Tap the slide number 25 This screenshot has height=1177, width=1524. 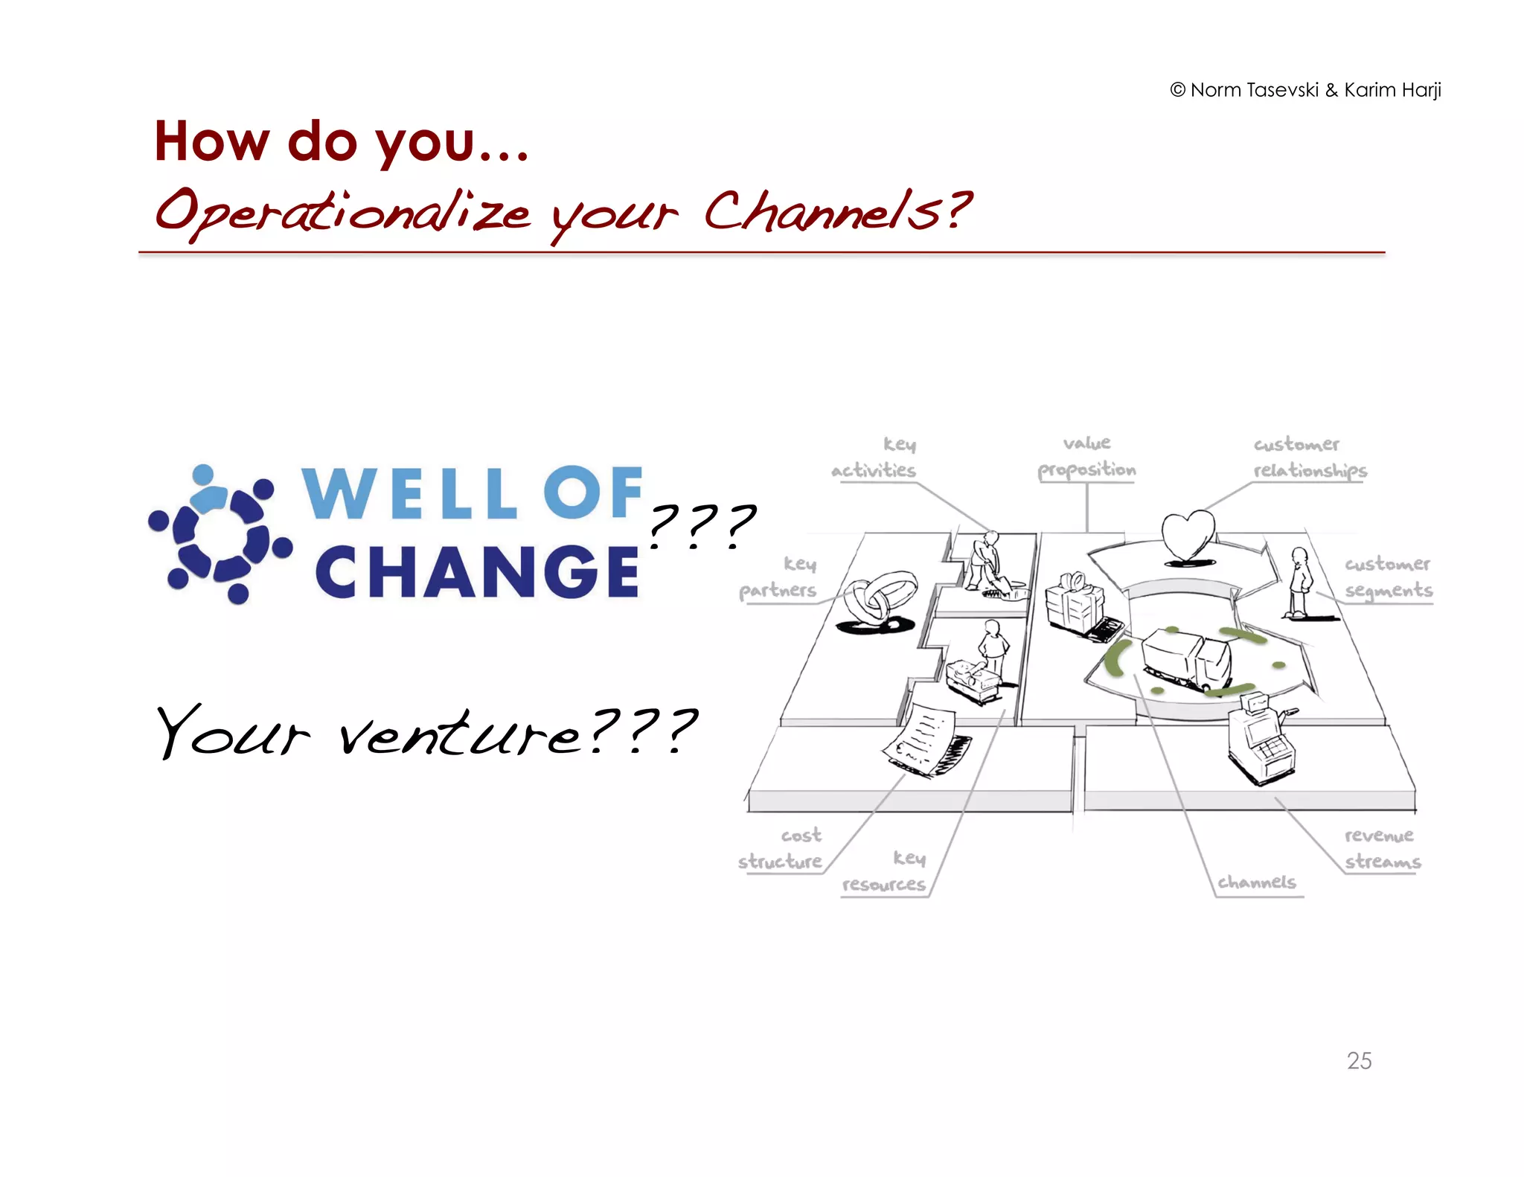(x=1359, y=1060)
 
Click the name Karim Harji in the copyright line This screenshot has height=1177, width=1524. (x=1392, y=90)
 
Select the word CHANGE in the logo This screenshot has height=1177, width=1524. (x=476, y=571)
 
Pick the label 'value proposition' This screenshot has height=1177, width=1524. (x=1086, y=456)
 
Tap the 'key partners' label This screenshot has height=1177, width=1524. (x=778, y=577)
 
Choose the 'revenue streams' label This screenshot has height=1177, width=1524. (x=1382, y=848)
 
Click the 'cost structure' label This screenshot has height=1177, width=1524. (x=781, y=848)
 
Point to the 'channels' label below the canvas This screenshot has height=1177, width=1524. (x=1257, y=882)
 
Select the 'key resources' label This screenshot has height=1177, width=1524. (x=885, y=871)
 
